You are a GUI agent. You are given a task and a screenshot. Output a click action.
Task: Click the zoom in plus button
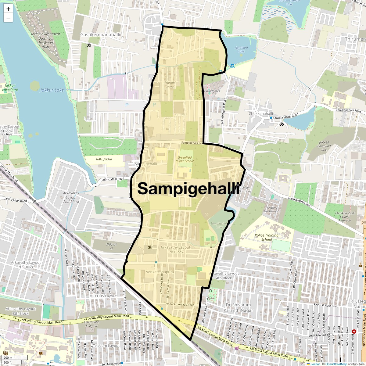coord(8,9)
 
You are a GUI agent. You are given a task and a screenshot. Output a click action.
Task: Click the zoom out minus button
coord(8,18)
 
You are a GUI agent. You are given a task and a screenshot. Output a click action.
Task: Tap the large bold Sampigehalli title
coord(188,188)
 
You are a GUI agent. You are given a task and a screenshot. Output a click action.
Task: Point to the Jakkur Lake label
coord(52,90)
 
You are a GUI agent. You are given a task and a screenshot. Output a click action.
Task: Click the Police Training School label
coord(267,237)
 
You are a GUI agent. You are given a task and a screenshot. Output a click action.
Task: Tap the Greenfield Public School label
coord(185,159)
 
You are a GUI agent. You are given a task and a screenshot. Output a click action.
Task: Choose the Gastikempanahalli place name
coord(100,35)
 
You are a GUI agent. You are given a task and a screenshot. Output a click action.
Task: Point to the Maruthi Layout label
coord(170,84)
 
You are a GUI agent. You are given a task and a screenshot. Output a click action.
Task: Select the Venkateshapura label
coord(160,272)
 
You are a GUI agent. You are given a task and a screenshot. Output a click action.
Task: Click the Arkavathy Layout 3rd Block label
coord(175,249)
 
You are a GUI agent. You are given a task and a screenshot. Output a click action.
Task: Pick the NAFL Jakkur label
coord(104,159)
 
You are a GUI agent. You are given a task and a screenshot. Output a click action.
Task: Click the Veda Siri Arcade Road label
coord(180,305)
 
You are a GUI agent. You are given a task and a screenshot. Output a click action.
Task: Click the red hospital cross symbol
coord(354,331)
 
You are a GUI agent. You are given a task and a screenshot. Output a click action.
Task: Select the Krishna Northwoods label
coord(272,209)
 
